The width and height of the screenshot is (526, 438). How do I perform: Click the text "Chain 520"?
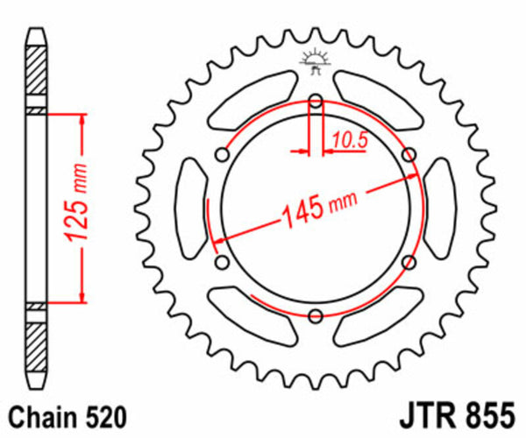(59, 414)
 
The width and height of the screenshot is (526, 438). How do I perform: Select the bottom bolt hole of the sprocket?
(316, 315)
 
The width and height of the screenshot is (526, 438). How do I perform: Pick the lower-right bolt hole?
(409, 262)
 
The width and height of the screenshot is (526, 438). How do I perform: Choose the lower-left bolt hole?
(222, 262)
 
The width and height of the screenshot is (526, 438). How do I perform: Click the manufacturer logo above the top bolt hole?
(316, 60)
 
